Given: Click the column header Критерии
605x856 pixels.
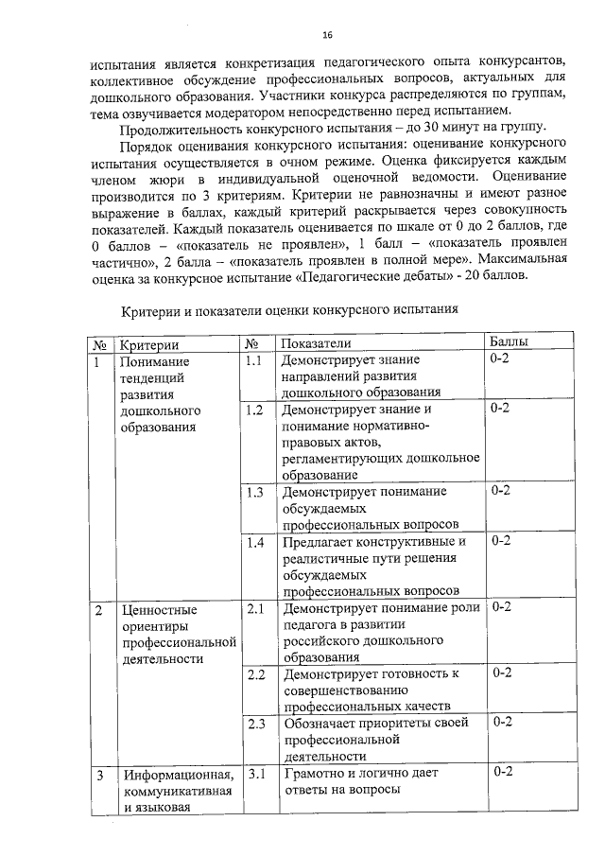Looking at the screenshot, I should (x=149, y=345).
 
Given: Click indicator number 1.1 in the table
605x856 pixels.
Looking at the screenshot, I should (x=252, y=361).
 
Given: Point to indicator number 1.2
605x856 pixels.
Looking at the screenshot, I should (x=252, y=411).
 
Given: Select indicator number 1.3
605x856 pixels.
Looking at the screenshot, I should (x=253, y=492).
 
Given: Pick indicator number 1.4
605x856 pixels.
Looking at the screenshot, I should (x=253, y=542).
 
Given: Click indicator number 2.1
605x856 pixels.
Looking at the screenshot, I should (x=254, y=609).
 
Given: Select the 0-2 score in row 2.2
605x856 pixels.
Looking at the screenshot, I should (x=502, y=673).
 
